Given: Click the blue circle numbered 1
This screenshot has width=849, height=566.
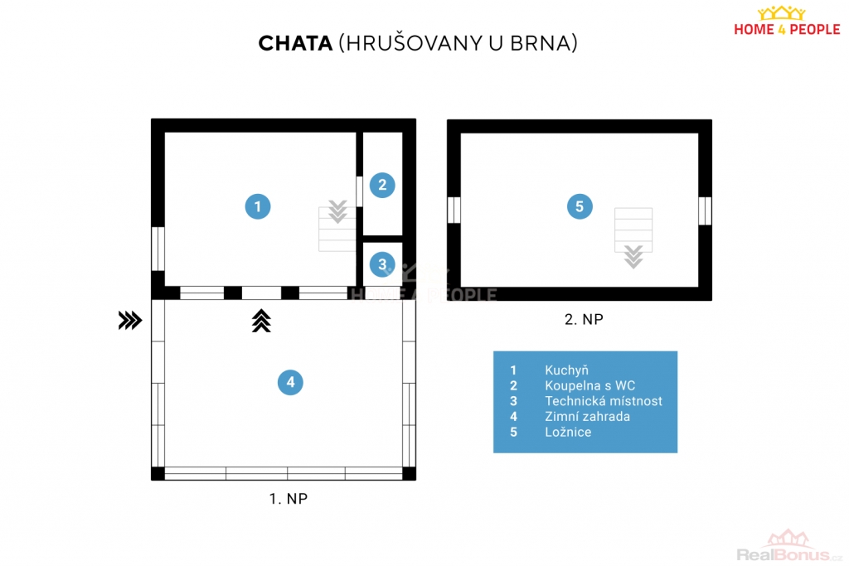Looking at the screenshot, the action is coord(258,206).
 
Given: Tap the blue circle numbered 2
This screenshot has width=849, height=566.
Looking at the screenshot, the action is coord(382,185).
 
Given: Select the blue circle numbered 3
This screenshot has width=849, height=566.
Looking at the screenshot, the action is coord(382,264).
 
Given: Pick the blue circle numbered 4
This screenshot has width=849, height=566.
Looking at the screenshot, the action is coord(290,382).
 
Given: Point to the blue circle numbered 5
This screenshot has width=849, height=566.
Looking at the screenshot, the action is coord(580,206).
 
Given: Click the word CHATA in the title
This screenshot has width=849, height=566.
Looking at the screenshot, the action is coord(295,43).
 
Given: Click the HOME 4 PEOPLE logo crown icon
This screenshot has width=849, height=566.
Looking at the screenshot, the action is coord(781,13).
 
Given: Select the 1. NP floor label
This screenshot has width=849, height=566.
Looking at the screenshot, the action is coord(288,498).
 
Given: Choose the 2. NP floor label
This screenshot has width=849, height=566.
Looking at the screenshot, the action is coord(584,319).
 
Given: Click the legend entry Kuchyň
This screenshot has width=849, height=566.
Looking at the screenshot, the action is coord(566,370).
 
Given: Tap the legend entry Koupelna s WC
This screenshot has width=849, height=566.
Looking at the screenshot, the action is coord(589,386).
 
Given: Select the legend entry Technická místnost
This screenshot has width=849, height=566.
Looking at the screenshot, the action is coord(604,401).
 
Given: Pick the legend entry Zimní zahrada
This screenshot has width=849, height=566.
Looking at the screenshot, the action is coord(587,417).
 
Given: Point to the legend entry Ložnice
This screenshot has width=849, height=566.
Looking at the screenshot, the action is coord(568,432).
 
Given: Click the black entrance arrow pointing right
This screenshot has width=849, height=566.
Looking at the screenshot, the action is coord(130,321).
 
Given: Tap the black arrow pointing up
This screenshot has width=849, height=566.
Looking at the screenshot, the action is coord(261,321).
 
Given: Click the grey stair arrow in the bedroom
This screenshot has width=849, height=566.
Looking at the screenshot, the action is coord(633,257).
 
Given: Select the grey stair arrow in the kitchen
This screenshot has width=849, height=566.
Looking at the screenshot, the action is coord(337,211).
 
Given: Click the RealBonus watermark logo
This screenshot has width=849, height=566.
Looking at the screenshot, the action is coord(789,546).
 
